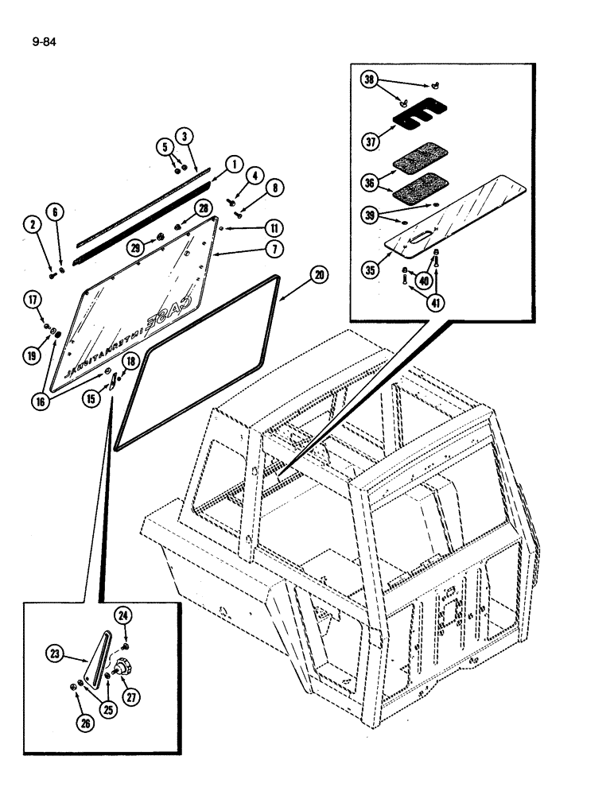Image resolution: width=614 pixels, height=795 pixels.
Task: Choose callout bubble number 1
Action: (x=233, y=165)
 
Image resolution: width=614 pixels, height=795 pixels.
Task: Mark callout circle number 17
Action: (x=33, y=300)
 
